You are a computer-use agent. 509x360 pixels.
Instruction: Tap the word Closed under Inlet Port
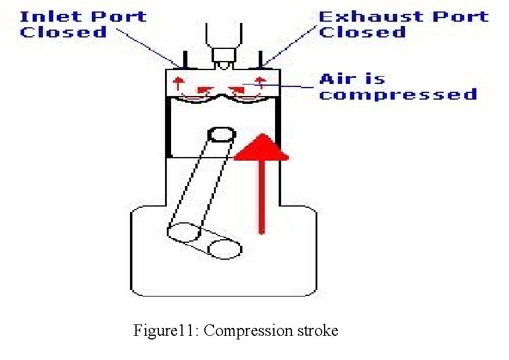pos(63,32)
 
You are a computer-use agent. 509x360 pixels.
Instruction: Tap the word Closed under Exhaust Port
pos(362,32)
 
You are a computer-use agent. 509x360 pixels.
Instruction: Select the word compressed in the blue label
pos(398,95)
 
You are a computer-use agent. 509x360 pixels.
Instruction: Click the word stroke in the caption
pos(317,331)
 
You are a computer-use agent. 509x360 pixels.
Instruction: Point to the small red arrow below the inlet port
pos(178,83)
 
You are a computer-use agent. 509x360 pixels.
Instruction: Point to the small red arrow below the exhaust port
pos(261,83)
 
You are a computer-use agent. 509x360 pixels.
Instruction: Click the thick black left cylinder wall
pos(169,127)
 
